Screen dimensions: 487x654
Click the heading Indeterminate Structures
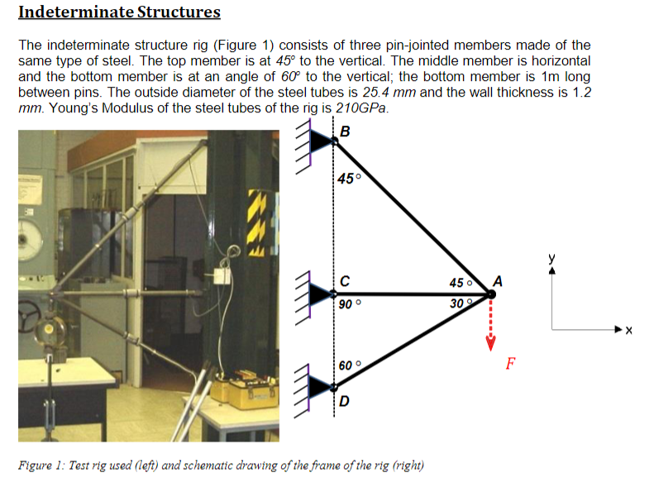coord(119,12)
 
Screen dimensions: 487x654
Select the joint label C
coord(345,279)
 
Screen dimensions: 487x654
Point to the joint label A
coord(498,279)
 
